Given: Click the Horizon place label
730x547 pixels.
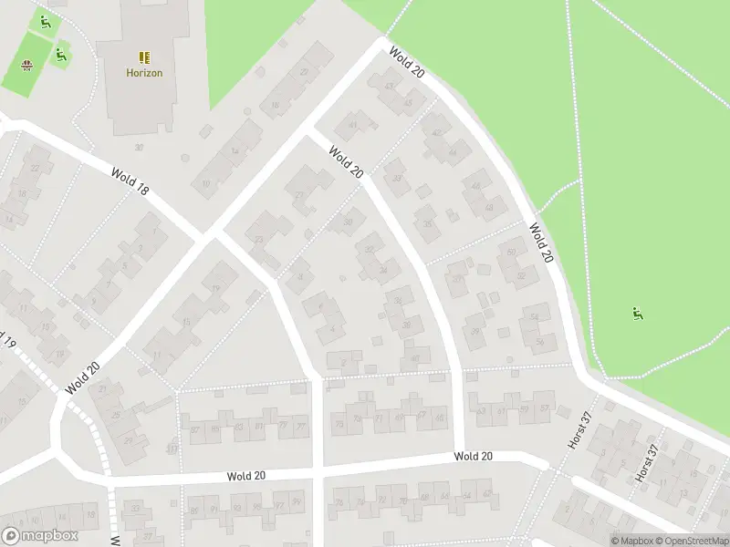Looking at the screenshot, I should pos(144,73).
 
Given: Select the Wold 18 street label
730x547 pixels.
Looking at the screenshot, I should pos(130,182).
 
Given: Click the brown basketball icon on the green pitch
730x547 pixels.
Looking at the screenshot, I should pos(26,65).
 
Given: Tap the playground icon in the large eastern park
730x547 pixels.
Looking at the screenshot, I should pos(637,315).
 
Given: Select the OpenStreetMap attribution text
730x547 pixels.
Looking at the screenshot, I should pos(692,541).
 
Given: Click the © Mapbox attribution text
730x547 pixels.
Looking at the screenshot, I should pos(631,541).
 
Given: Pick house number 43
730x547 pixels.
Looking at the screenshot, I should pos(390,88).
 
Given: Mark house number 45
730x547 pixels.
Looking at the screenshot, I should pos(408,103).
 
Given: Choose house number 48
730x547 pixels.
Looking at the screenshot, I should pos(489,208).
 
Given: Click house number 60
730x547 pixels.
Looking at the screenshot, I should pos(511,253).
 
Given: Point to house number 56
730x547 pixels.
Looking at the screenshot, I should pos(540,342).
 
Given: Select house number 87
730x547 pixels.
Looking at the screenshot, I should pos(194,429).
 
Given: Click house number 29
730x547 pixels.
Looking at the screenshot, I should pos(128,439).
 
